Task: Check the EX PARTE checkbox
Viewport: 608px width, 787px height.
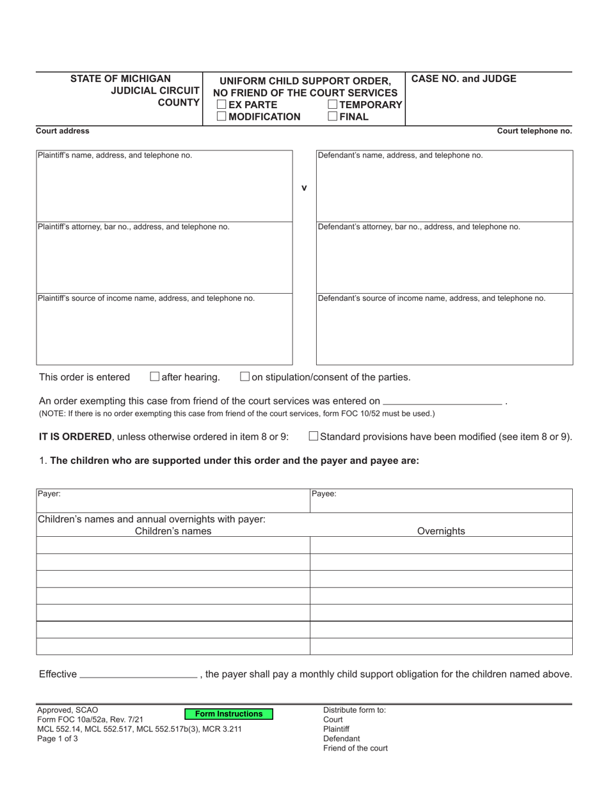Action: tap(221, 104)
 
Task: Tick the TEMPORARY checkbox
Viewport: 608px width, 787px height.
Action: tap(333, 104)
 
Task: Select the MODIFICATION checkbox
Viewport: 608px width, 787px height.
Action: tap(221, 116)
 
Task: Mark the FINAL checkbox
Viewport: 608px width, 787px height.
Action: tap(333, 116)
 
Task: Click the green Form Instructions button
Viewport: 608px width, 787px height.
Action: tap(228, 714)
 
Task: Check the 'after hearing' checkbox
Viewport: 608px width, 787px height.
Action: tap(154, 377)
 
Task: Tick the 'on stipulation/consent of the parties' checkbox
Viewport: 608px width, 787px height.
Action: tap(244, 377)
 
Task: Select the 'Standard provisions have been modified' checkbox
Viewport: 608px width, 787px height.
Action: tap(314, 436)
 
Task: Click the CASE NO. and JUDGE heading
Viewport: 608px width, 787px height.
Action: tap(463, 79)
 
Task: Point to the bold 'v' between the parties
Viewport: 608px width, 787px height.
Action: tap(304, 187)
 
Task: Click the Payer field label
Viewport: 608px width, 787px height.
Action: tap(49, 494)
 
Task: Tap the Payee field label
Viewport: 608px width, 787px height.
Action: tap(324, 494)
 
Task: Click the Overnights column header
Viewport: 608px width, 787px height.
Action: tap(441, 531)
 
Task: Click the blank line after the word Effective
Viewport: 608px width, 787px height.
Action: tap(137, 674)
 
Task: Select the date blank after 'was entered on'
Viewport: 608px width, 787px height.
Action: tap(442, 402)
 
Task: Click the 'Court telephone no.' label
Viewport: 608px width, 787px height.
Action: tap(534, 131)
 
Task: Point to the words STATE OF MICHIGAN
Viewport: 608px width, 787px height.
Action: tap(120, 79)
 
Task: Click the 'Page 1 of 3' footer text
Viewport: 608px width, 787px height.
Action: tap(58, 738)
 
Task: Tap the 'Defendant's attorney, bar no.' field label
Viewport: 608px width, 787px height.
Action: tap(419, 227)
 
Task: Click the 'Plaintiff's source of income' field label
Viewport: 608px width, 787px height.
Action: tap(146, 298)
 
